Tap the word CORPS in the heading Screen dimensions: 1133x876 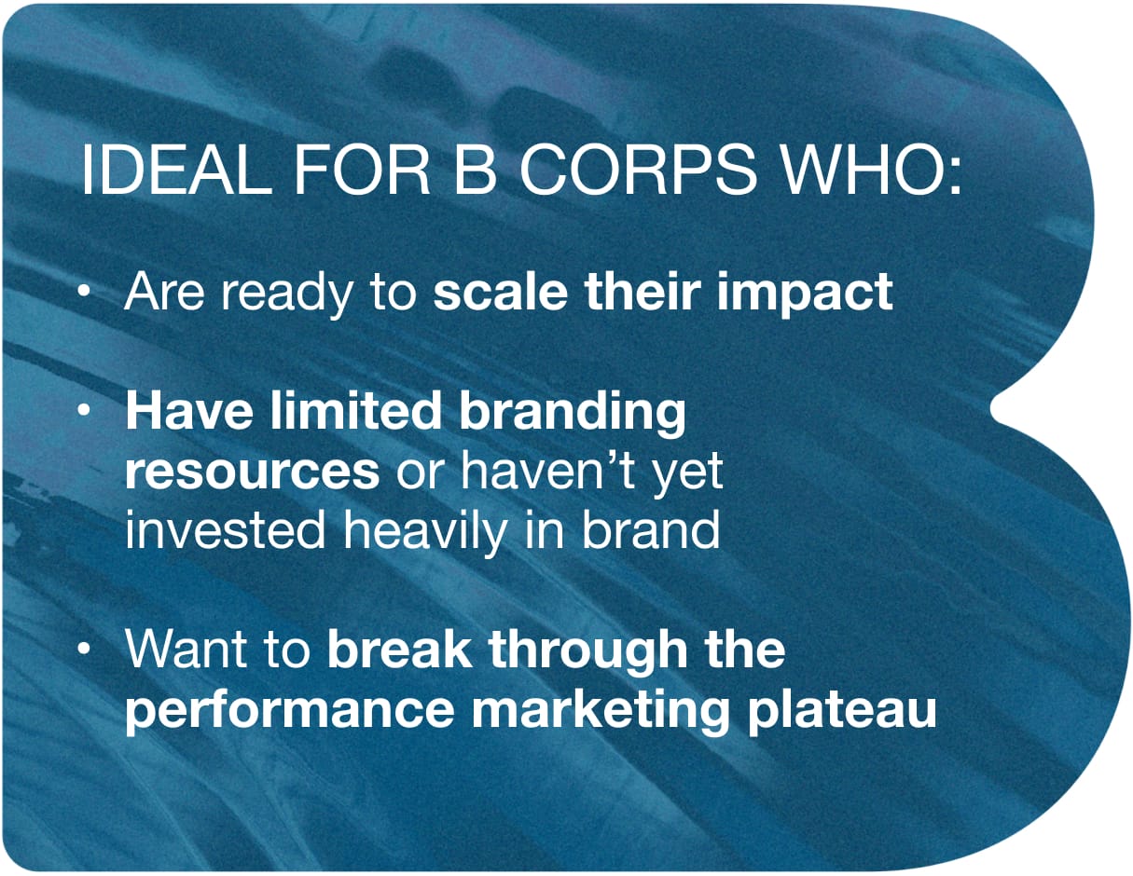(x=637, y=170)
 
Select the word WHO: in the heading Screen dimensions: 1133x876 (x=871, y=170)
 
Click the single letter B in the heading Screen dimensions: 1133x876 (x=474, y=170)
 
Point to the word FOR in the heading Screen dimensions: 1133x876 (x=362, y=170)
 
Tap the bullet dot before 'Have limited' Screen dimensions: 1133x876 (x=83, y=410)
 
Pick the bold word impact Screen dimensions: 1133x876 (x=805, y=294)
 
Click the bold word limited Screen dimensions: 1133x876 (x=355, y=411)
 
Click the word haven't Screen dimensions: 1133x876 (x=547, y=471)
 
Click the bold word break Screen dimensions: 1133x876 (x=399, y=649)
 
